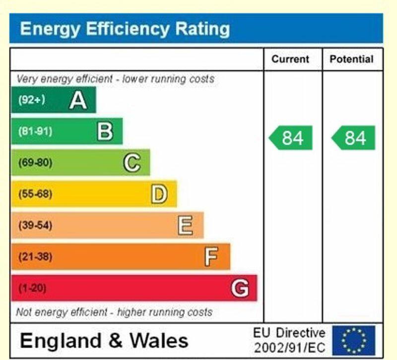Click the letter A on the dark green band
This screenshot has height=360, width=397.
78,100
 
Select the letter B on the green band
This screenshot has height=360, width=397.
105,131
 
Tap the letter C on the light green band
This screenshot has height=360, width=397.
132,163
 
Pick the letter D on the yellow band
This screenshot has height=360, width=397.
159,194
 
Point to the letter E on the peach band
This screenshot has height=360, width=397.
185,226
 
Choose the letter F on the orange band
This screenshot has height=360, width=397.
211,257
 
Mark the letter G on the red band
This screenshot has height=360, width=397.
240,288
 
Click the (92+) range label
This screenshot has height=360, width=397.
32,100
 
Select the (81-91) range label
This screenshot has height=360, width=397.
35,131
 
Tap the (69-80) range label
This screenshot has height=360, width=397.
35,163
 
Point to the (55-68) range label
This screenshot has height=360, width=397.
35,194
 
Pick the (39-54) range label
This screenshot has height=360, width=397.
35,226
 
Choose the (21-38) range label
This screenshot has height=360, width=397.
35,257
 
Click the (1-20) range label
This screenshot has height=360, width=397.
33,288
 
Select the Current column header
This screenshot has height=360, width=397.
290,60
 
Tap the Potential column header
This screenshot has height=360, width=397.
351,60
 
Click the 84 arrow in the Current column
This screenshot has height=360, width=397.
291,138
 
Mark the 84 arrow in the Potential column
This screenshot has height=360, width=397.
354,138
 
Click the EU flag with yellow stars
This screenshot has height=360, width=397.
354,340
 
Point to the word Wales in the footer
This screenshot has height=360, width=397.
159,341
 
